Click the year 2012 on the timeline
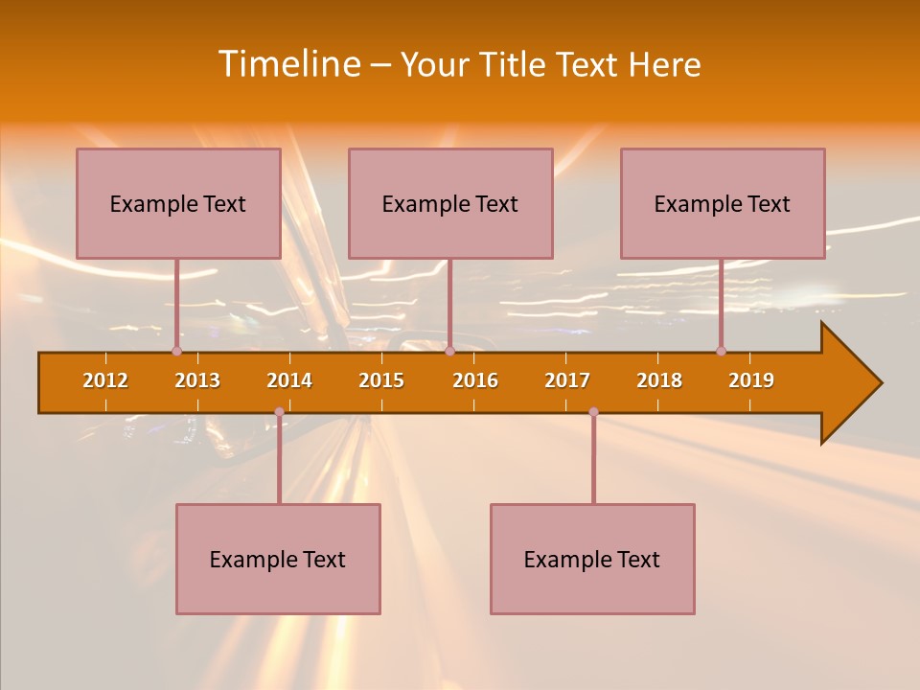(x=105, y=380)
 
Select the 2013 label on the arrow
(x=197, y=380)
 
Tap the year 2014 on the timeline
(x=289, y=380)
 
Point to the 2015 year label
(x=381, y=380)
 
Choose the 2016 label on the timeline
(x=475, y=380)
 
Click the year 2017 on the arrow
(x=567, y=380)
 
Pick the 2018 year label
(x=659, y=380)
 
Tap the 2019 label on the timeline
(x=751, y=380)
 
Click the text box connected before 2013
(x=178, y=203)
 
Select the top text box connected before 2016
(x=450, y=203)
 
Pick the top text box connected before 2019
(x=723, y=203)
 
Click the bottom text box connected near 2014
(x=278, y=559)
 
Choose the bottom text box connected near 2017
(x=592, y=559)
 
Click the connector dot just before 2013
(x=176, y=351)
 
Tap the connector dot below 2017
(x=593, y=412)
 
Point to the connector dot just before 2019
(x=721, y=351)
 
